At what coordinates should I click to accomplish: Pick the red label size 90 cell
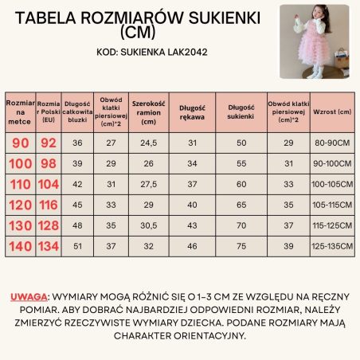click(x=19, y=144)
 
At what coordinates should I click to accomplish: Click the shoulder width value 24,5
click(x=147, y=144)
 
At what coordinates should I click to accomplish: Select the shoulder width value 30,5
click(x=147, y=225)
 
